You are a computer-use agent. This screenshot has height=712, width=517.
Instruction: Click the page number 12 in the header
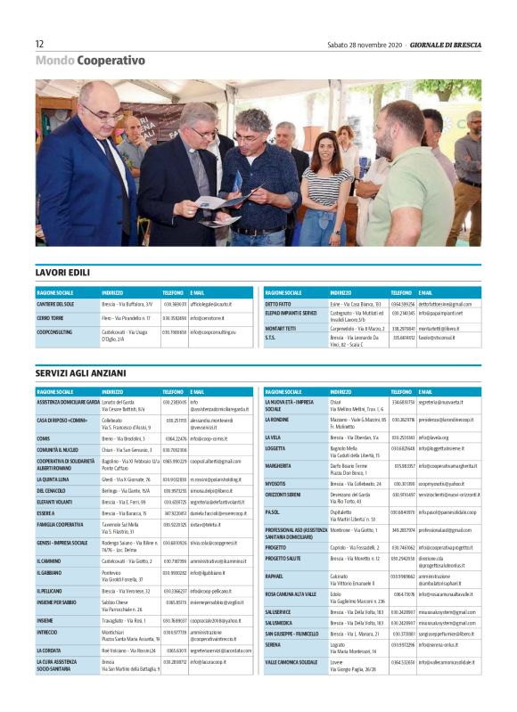[40, 44]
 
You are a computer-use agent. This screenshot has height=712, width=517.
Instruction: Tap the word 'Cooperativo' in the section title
[111, 61]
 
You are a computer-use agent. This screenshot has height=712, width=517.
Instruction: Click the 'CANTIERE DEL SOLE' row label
[55, 304]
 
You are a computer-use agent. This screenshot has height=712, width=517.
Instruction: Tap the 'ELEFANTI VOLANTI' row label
[54, 502]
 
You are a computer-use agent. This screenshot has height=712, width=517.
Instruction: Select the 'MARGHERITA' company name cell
[278, 465]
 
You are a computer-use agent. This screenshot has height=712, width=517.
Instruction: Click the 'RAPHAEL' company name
[275, 576]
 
